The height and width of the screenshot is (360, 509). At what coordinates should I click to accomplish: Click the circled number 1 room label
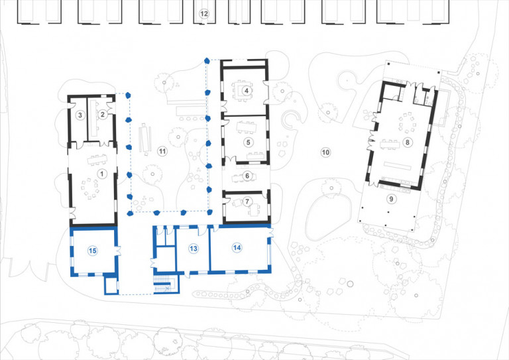click(102, 173)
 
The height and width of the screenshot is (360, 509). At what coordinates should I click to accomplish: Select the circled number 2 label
click(103, 115)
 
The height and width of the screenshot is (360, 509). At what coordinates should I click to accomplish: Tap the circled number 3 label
click(80, 115)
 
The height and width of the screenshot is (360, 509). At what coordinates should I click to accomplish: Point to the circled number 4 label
click(246, 91)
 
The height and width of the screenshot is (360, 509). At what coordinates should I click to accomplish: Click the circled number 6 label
click(247, 176)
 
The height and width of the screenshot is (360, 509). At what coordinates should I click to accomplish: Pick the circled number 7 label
click(247, 202)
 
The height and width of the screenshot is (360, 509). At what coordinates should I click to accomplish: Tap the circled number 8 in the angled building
click(408, 142)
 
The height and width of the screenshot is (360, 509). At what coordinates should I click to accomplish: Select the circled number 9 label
click(391, 198)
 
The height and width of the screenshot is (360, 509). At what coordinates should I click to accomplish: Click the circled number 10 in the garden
click(325, 152)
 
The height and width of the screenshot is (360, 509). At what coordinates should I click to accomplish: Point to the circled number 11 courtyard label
click(162, 152)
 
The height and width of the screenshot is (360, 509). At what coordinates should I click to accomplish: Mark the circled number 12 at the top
click(204, 13)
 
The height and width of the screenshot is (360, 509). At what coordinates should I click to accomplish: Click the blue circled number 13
click(194, 249)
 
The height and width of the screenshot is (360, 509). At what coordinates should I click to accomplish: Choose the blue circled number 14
click(237, 247)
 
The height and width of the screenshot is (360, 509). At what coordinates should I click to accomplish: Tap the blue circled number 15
click(93, 250)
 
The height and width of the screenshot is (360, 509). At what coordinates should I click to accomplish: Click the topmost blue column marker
click(207, 60)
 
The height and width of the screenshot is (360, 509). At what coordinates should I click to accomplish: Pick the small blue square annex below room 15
click(111, 286)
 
